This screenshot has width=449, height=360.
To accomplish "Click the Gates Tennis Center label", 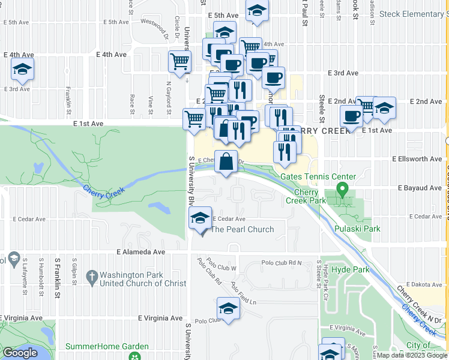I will pos(318,176).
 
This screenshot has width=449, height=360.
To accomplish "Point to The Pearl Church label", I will pos(242,229).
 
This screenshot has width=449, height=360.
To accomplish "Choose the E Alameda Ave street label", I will pos(140,253).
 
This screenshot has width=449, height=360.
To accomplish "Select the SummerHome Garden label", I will pos(107,346).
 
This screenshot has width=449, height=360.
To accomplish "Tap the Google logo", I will pos(20,353).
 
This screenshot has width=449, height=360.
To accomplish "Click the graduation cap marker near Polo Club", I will pos(228,309).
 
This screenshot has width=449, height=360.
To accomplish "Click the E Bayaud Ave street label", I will pos(421,188).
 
